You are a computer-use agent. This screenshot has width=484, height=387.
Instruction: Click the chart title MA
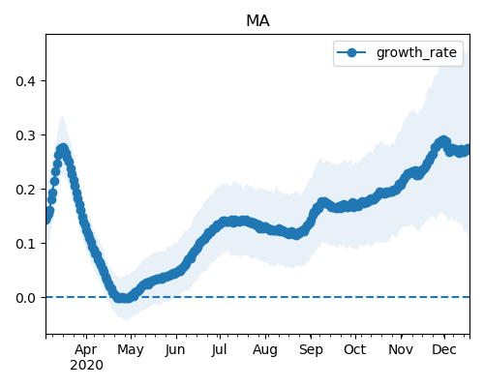coord(257,21)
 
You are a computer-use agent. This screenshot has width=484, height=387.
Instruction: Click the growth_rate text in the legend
coord(416,52)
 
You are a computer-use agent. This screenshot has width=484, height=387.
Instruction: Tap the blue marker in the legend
coord(351,52)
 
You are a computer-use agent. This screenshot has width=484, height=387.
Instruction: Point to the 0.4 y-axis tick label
coord(25,81)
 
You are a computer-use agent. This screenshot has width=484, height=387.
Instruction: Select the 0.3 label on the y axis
coord(25,135)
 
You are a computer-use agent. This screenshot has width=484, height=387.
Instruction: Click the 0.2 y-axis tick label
coord(25,190)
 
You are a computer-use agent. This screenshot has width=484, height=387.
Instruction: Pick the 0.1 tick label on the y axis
coord(25,244)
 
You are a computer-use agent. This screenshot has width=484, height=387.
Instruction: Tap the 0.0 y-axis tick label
coord(25,298)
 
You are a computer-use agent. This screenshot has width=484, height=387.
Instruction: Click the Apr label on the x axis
coord(86,350)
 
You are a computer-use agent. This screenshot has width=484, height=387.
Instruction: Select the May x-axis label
coord(131,350)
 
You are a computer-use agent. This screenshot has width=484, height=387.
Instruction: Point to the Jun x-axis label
coord(175,350)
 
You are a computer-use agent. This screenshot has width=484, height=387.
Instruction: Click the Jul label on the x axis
coord(220,350)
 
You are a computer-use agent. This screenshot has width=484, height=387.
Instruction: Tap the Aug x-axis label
coord(265,350)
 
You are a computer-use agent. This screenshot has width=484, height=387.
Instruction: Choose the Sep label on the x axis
coord(311,350)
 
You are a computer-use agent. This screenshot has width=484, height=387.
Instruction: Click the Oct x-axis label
coord(354,349)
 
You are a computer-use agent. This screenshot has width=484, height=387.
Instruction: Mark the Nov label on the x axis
coord(401,349)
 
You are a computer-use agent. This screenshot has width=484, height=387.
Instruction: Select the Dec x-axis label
coord(444,349)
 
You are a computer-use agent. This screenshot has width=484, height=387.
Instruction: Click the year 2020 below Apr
coord(86,366)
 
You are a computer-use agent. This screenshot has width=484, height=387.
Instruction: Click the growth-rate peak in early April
coord(63,149)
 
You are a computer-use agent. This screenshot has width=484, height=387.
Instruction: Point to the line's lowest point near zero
coord(123,298)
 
